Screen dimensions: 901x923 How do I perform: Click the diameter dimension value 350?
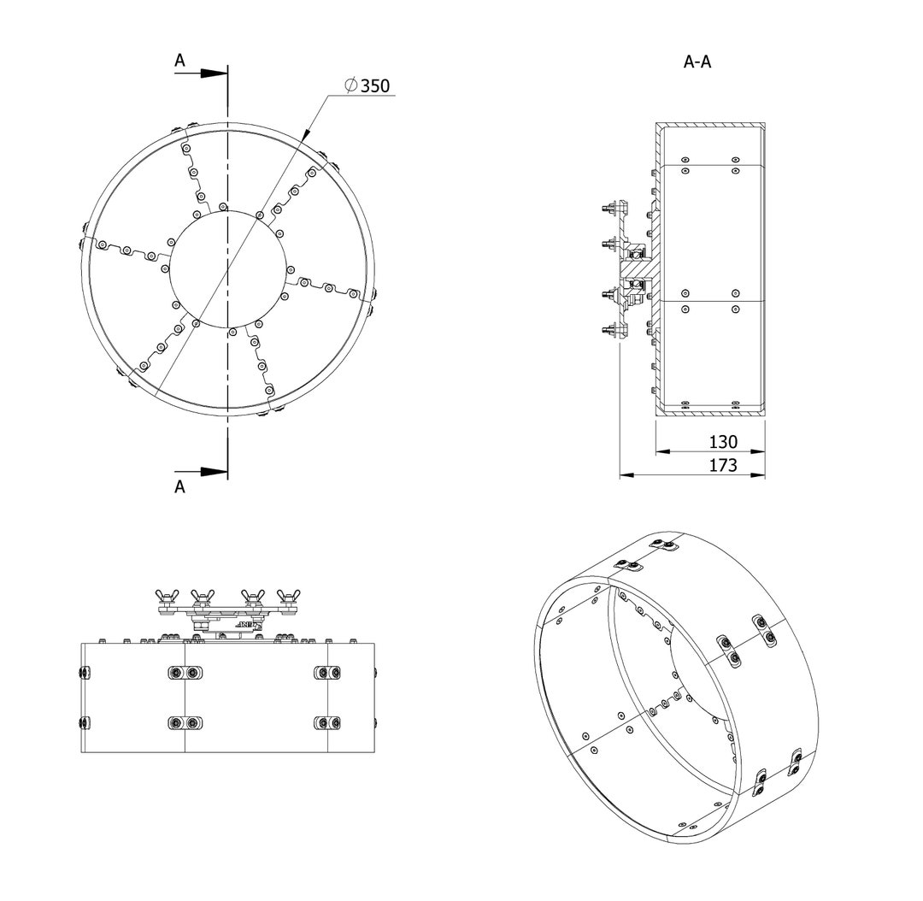pos(374,85)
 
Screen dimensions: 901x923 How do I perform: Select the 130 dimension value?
pos(724,443)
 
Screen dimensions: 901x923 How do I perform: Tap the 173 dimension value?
pos(724,466)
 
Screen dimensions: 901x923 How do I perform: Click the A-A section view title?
pos(697,62)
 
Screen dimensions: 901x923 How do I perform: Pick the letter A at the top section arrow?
pos(179,60)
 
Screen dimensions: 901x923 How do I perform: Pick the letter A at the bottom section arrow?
pos(179,486)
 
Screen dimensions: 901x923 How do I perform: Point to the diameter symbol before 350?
pos(350,85)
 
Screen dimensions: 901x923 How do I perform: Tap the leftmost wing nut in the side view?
pos(165,597)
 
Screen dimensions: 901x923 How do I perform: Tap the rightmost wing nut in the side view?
pos(288,597)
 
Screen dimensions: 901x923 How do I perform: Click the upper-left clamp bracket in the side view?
pos(185,674)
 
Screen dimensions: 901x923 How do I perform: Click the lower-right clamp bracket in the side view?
pos(328,723)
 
